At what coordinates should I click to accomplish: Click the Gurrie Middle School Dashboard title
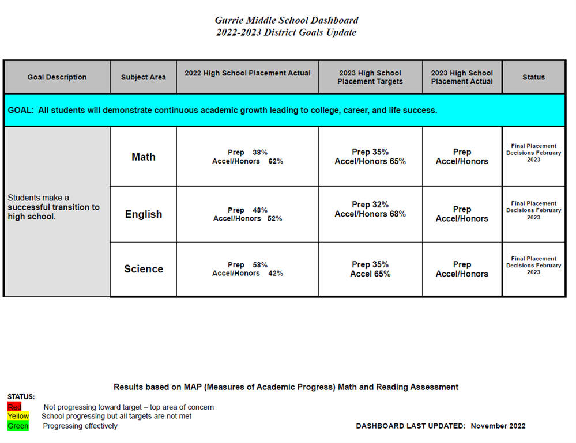[286, 21]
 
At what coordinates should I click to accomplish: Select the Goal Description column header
[57, 77]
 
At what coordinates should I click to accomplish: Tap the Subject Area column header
[144, 77]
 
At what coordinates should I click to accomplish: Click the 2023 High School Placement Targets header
[370, 77]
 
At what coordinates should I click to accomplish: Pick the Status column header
[533, 77]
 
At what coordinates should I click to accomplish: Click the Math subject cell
[144, 157]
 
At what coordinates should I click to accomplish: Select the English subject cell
[144, 214]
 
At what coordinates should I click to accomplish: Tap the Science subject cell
[144, 269]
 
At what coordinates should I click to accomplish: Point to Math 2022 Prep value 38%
[260, 153]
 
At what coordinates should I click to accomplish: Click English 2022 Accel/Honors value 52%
[274, 219]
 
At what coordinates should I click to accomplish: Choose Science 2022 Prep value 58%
[260, 265]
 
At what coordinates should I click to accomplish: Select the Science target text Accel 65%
[370, 274]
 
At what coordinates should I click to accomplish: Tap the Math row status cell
[533, 153]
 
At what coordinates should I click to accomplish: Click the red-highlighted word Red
[14, 407]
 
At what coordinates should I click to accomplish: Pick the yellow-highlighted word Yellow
[18, 416]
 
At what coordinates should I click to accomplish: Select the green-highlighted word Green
[18, 426]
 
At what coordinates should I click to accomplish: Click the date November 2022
[498, 426]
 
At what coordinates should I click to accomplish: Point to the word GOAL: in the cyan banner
[21, 110]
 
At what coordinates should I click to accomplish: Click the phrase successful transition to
[54, 207]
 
